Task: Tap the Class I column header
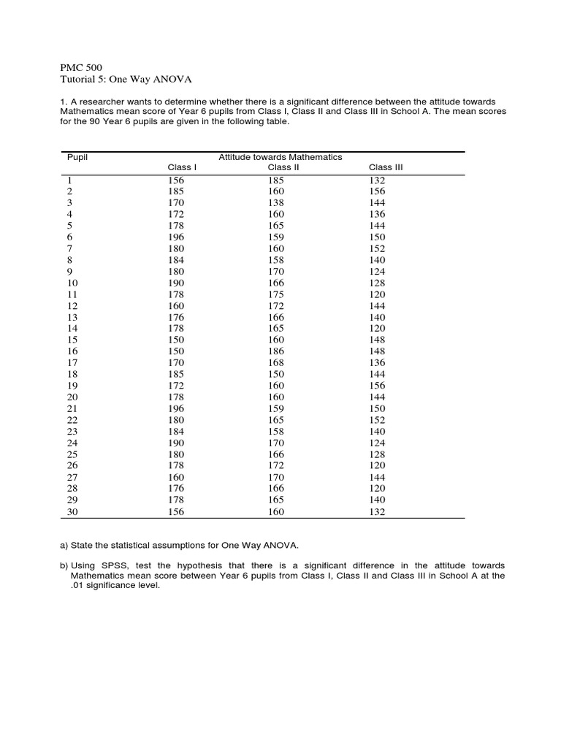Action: tap(182, 167)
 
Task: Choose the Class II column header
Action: tap(283, 167)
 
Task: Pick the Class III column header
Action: tap(385, 167)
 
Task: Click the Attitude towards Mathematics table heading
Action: tap(280, 157)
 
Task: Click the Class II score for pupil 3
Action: tap(276, 202)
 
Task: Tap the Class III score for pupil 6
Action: tap(377, 237)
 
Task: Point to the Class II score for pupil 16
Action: tap(276, 351)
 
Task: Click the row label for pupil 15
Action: tap(72, 340)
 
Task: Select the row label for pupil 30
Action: tap(72, 511)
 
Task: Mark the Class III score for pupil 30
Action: tap(377, 511)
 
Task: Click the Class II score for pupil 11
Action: tap(276, 294)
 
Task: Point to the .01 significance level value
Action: tap(77, 585)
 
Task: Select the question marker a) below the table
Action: tap(64, 545)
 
